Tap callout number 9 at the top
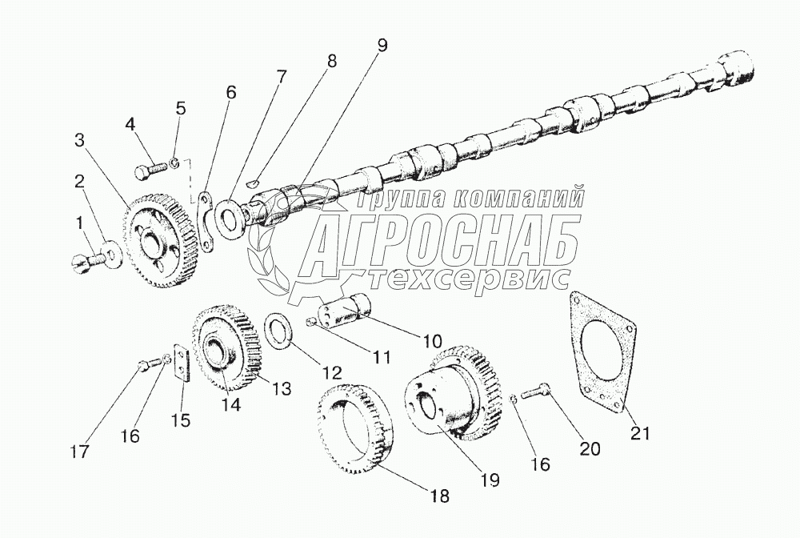pos(382,46)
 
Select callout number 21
pos(641,433)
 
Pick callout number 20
pos(590,449)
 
